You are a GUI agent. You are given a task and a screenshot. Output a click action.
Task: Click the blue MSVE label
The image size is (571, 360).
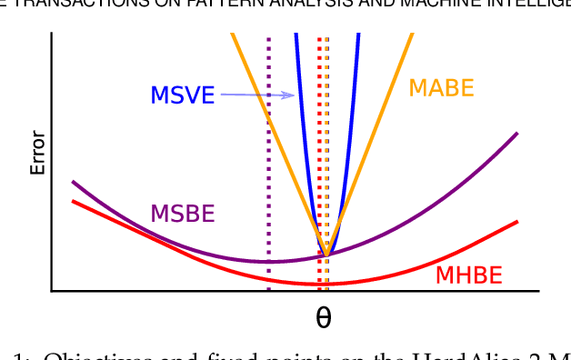point(182,95)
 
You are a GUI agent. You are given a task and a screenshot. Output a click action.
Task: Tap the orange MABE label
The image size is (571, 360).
point(441,88)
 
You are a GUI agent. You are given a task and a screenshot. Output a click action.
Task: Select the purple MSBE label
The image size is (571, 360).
point(182,214)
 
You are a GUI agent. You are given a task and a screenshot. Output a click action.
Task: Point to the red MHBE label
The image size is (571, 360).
point(469,275)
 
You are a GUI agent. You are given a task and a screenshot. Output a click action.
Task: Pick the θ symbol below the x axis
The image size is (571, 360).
point(323,318)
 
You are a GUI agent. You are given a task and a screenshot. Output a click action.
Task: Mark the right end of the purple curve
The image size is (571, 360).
point(516,134)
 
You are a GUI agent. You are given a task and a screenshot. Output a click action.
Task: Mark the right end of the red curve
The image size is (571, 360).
point(517,222)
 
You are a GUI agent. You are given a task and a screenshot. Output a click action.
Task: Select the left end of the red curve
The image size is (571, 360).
point(73,200)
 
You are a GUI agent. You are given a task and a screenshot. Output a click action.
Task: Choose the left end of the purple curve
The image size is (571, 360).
point(73,182)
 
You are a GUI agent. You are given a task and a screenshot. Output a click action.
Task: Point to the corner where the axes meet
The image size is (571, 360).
point(52,291)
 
